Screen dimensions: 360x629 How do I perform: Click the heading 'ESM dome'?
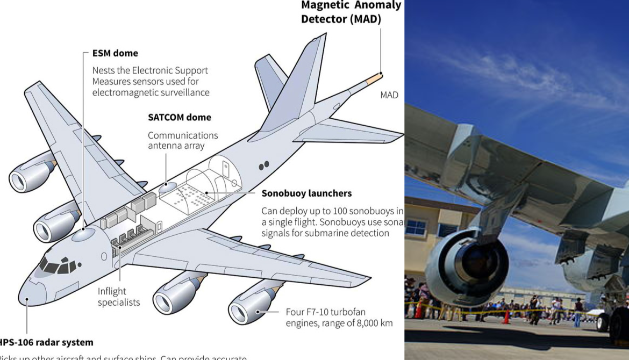[x=115, y=53]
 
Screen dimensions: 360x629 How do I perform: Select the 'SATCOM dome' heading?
[x=180, y=117]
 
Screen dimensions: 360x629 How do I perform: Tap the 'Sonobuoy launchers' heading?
[x=306, y=193]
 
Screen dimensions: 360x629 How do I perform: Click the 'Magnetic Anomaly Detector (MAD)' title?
[x=351, y=12]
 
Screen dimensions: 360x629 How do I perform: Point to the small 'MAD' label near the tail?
[x=389, y=95]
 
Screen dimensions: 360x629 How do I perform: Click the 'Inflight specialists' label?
[x=118, y=297]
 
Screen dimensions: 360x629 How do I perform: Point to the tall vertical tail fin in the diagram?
[x=301, y=86]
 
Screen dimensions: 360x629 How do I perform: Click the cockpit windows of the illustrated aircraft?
[x=56, y=264]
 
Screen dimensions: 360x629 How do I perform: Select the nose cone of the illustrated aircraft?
[x=31, y=293]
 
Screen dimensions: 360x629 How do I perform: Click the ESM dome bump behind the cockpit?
[x=83, y=234]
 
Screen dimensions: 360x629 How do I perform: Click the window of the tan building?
[x=416, y=227]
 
